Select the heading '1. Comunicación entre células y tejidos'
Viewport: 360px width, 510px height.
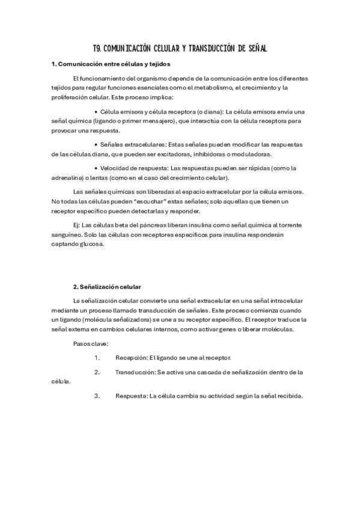tap(111, 64)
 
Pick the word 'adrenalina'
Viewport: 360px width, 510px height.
tap(70, 177)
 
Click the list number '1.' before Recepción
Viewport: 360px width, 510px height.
tap(97, 357)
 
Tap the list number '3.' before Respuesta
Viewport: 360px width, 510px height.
tap(97, 396)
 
